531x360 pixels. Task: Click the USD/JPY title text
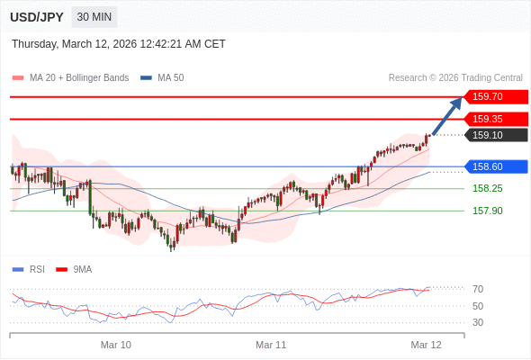(x=37, y=17)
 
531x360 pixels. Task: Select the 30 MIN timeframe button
(x=94, y=17)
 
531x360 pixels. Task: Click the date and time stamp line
(x=119, y=44)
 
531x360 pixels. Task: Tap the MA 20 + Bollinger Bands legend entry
(x=78, y=78)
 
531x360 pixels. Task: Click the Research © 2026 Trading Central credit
(x=455, y=78)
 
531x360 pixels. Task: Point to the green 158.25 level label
(x=487, y=188)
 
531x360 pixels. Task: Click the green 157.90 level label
(x=487, y=211)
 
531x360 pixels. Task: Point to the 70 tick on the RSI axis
(x=478, y=289)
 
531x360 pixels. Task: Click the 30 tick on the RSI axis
(x=478, y=322)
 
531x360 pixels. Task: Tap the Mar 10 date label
(x=115, y=345)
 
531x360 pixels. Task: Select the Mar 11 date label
(x=271, y=345)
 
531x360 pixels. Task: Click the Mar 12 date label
(x=426, y=345)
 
